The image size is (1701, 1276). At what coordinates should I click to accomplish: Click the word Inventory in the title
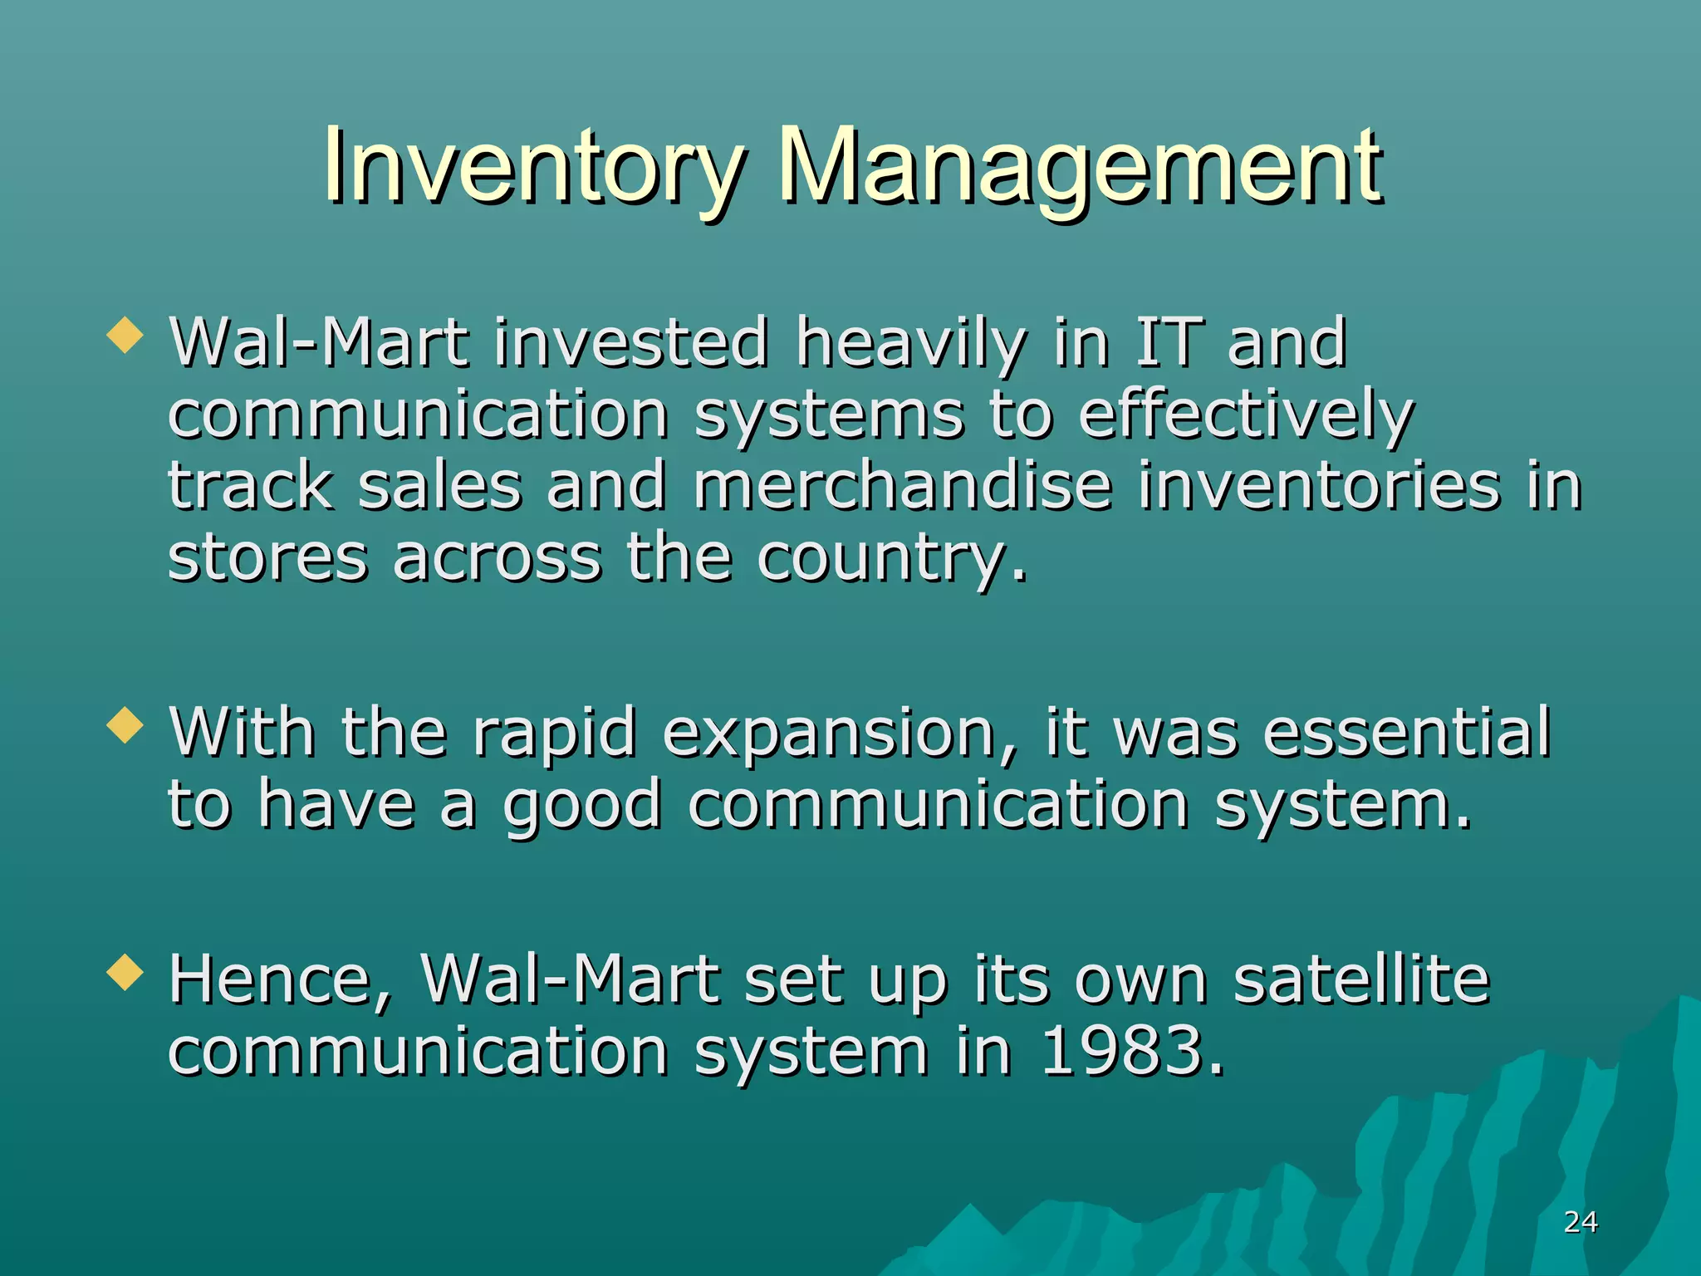[532, 166]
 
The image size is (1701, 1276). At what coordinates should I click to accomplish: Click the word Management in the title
[1080, 166]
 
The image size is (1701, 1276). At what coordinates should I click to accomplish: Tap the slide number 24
[1580, 1222]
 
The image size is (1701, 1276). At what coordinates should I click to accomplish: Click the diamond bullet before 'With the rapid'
[125, 724]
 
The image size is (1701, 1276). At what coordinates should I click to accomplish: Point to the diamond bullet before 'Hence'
[125, 972]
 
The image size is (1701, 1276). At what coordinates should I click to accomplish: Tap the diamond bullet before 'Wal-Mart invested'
[125, 336]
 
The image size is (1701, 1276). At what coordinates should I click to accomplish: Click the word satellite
[1361, 980]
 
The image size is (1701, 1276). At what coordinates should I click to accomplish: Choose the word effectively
[1246, 415]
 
